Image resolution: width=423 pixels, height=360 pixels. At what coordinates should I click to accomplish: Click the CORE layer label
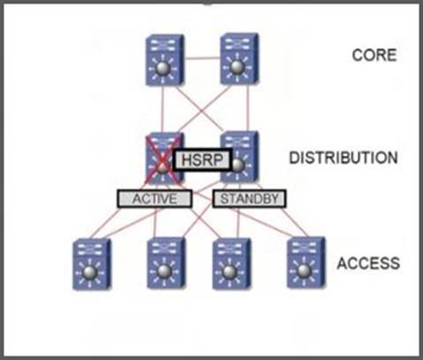click(x=374, y=55)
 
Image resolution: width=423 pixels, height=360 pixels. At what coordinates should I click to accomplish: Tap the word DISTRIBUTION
click(x=344, y=158)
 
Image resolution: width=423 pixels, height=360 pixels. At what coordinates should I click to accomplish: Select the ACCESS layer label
click(x=368, y=263)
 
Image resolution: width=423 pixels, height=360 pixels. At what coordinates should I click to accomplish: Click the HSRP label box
click(x=202, y=160)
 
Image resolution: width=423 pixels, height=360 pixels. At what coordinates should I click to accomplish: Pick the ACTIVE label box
click(x=155, y=199)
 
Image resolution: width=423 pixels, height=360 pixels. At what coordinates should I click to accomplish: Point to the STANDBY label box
click(x=249, y=199)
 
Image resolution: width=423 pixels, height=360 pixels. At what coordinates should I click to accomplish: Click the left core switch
click(x=165, y=60)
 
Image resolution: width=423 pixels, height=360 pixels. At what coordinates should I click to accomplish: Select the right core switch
click(x=239, y=59)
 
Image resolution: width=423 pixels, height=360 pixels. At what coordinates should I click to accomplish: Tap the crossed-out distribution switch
click(x=165, y=159)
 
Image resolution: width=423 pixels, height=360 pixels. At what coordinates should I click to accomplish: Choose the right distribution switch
click(x=239, y=157)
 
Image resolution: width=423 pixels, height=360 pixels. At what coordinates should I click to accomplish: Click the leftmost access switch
click(x=92, y=264)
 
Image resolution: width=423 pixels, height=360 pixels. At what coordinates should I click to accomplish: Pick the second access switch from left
click(x=166, y=263)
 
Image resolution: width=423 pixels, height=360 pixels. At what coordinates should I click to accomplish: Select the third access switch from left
click(x=231, y=264)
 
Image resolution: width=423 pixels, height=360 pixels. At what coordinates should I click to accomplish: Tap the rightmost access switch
click(x=306, y=263)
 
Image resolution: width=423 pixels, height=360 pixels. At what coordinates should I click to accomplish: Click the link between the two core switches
click(x=202, y=58)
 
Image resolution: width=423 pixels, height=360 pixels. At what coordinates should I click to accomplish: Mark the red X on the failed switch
click(x=162, y=159)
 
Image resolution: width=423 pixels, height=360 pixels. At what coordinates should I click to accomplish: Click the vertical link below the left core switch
click(x=162, y=110)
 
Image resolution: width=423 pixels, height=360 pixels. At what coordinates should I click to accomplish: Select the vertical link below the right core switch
click(x=248, y=109)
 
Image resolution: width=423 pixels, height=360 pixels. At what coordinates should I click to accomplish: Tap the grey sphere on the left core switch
click(x=163, y=69)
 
